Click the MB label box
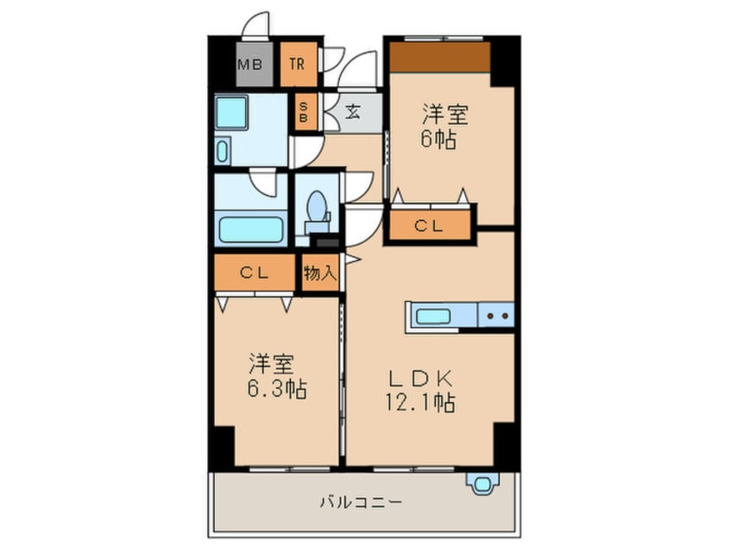pyautogui.click(x=249, y=64)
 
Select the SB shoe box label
pyautogui.click(x=304, y=112)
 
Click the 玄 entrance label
pyautogui.click(x=354, y=111)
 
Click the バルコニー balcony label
pyautogui.click(x=359, y=501)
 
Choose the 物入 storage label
pyautogui.click(x=319, y=273)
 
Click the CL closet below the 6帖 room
pyautogui.click(x=429, y=226)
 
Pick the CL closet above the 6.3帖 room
pyautogui.click(x=256, y=273)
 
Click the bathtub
pyautogui.click(x=251, y=229)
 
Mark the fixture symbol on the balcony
pyautogui.click(x=479, y=482)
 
